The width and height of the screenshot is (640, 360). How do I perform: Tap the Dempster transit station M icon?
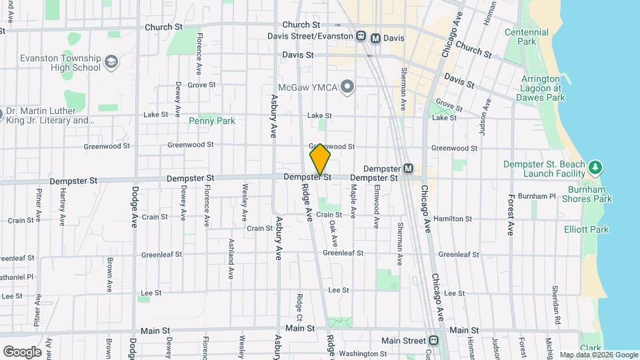pyautogui.click(x=408, y=169)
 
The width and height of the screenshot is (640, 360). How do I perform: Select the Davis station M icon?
pyautogui.click(x=376, y=38)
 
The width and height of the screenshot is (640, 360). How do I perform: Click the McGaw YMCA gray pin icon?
pyautogui.click(x=347, y=87)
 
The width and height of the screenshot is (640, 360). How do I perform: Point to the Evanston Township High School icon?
pyautogui.click(x=111, y=63)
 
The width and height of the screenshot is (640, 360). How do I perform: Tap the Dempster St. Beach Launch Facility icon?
pyautogui.click(x=595, y=166)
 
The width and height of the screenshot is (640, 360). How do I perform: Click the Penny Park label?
pyautogui.click(x=211, y=121)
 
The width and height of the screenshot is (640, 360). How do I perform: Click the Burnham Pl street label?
pyautogui.click(x=536, y=197)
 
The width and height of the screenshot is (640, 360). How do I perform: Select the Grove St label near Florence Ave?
pyautogui.click(x=201, y=85)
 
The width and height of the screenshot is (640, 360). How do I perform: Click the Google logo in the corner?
pyautogui.click(x=22, y=351)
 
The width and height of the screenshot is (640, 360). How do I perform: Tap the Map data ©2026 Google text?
pyautogui.click(x=597, y=355)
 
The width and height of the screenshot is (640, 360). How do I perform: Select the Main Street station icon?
pyautogui.click(x=434, y=340)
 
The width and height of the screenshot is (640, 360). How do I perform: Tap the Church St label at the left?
pyautogui.click(x=167, y=27)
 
